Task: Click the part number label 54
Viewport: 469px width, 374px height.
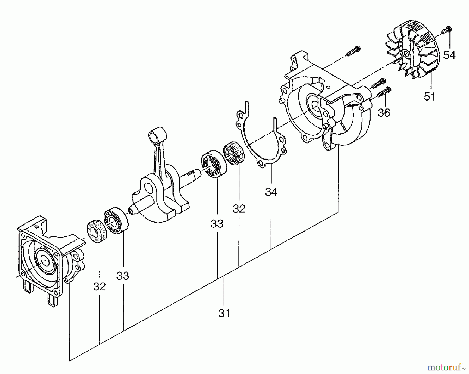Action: [x=449, y=55]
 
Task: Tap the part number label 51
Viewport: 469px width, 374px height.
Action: [x=429, y=97]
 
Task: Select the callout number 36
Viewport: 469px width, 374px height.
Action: [x=384, y=113]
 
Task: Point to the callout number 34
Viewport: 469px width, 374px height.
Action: [x=271, y=192]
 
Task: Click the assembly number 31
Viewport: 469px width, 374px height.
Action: [x=224, y=313]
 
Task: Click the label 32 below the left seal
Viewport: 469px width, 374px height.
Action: [x=100, y=286]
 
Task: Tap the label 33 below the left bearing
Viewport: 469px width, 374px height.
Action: [x=122, y=275]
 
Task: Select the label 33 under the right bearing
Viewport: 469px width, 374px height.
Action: [x=217, y=223]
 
